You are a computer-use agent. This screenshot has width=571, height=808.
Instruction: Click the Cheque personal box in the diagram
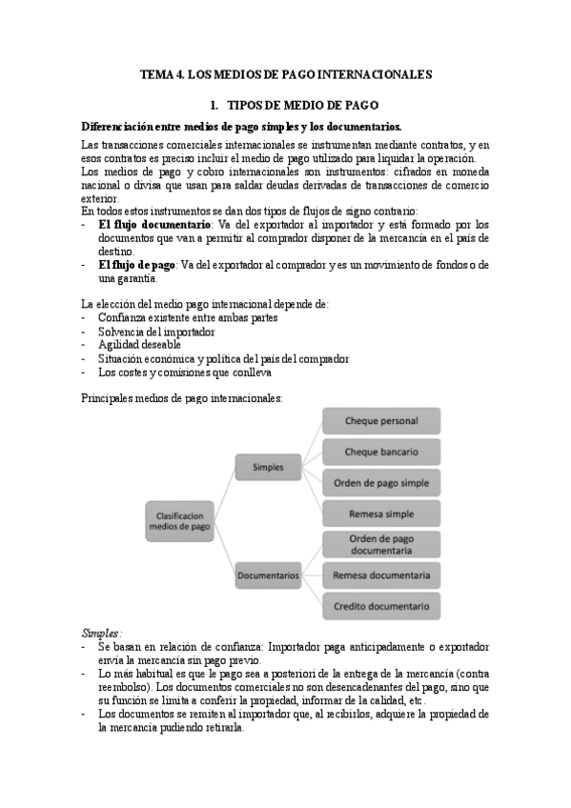(380, 420)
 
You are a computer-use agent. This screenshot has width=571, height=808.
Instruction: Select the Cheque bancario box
(380, 451)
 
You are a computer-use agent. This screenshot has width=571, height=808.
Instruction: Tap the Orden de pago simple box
(380, 482)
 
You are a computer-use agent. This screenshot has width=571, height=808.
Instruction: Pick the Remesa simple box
(380, 514)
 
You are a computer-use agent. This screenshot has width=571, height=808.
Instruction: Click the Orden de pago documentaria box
(380, 544)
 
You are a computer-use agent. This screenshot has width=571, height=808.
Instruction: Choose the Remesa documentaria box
(380, 575)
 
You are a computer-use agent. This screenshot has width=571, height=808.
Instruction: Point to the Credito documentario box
(380, 605)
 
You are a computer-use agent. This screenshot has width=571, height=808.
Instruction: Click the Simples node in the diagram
(267, 467)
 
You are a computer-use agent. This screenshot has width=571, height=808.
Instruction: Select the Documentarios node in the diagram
(268, 575)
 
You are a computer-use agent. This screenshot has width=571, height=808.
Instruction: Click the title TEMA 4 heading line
(286, 72)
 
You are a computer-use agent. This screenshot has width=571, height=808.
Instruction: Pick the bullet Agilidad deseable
(137, 344)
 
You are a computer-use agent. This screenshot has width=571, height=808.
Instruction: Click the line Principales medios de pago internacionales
(181, 397)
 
